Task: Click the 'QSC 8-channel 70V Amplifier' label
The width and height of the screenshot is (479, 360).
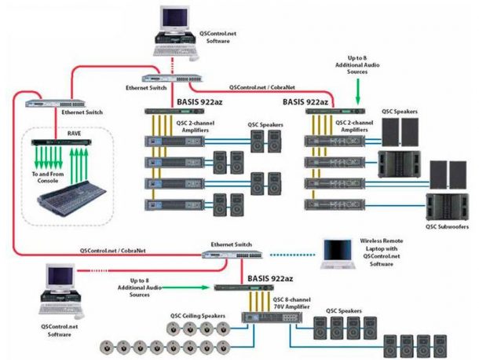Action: [x=294, y=304]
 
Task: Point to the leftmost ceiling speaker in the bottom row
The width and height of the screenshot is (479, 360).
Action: [x=107, y=345]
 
